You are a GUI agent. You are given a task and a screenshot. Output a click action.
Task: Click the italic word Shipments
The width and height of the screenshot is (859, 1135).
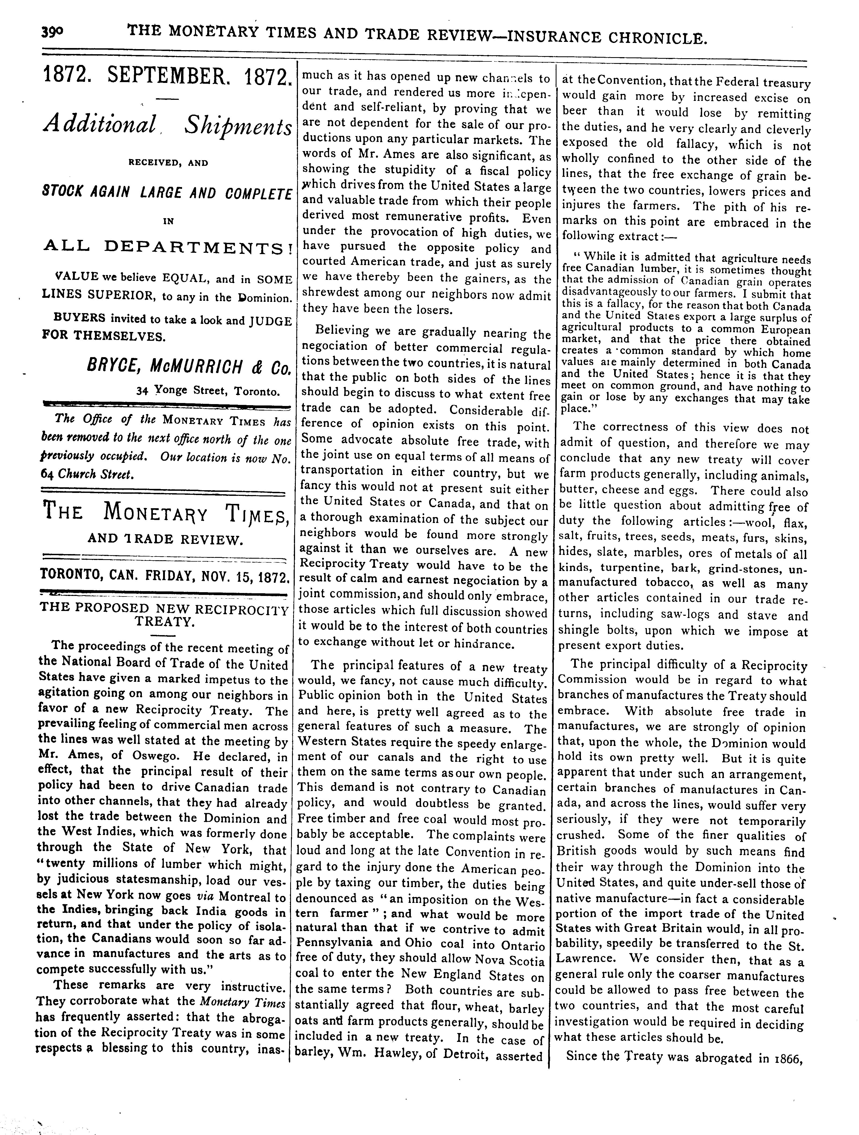(x=238, y=127)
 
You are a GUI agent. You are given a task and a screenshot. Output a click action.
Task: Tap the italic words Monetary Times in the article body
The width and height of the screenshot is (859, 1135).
(x=242, y=1001)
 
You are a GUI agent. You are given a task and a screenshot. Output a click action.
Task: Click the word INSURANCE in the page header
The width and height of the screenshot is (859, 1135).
(x=553, y=37)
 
